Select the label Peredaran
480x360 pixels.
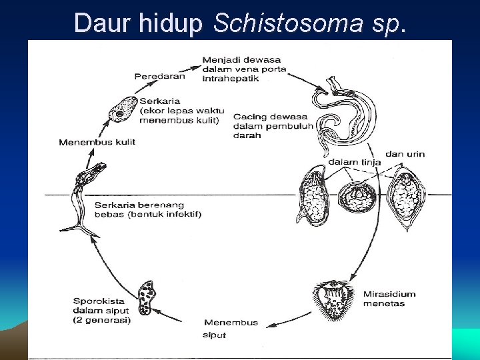pos(159,77)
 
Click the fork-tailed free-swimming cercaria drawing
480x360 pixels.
pos(83,197)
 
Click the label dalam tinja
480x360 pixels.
pos(354,162)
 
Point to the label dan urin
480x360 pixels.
pos(405,154)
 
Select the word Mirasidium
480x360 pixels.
pos(389,293)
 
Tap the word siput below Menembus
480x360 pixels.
pos(214,335)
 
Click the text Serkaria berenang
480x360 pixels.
pos(139,205)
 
